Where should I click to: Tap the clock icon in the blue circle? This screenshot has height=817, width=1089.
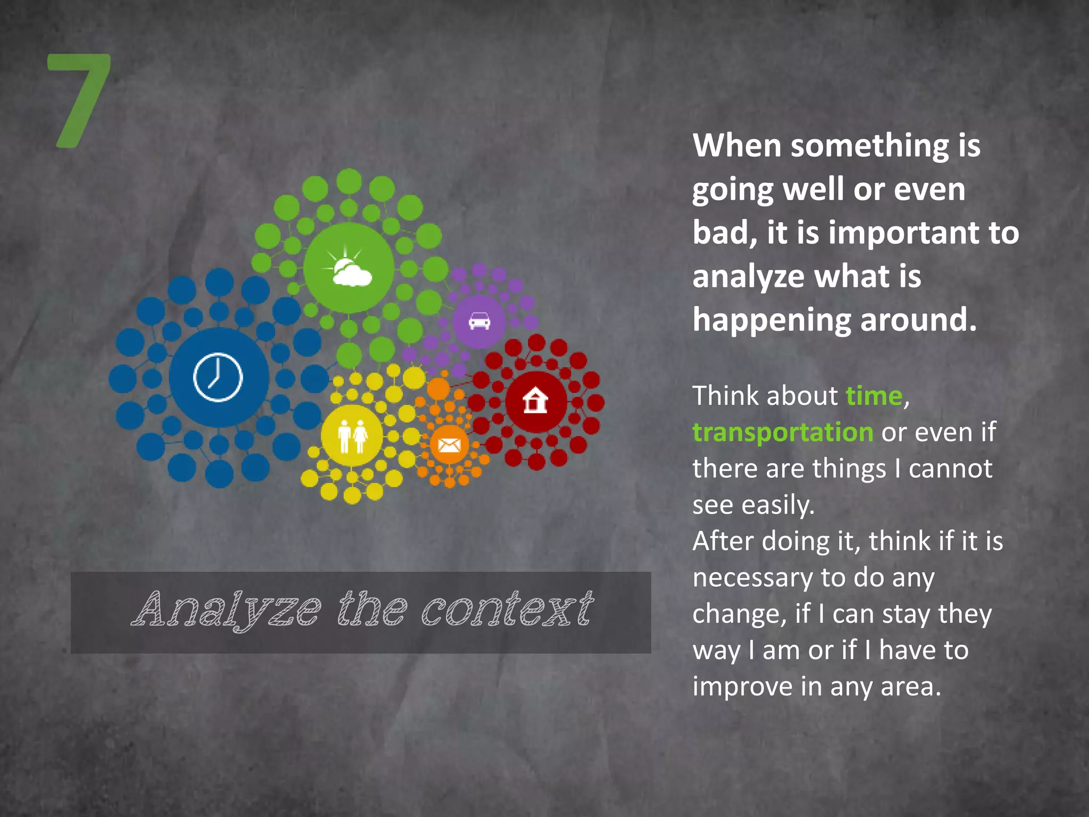coord(218,377)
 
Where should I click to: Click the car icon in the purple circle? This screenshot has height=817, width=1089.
coord(479,321)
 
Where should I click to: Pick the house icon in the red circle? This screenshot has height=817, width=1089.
coord(535,401)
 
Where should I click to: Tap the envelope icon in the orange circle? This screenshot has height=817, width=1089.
coord(449,444)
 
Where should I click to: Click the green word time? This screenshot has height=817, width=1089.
coord(874,396)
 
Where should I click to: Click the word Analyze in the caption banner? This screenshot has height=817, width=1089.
coord(226,610)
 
